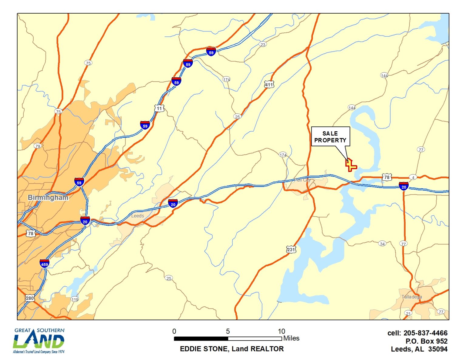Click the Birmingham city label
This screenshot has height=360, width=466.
point(48,197)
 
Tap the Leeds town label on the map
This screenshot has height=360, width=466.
point(137,216)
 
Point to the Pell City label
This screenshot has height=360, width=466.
point(302,180)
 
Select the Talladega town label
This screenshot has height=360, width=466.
point(412,297)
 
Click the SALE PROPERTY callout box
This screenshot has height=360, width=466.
point(330,137)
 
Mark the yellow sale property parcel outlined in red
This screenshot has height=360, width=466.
point(351,165)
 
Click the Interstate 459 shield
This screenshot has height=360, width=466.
point(44,264)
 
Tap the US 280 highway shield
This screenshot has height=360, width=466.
point(29,298)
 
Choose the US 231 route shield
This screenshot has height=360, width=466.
point(291,250)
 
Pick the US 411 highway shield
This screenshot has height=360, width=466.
point(269,85)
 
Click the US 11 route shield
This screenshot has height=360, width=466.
point(159,108)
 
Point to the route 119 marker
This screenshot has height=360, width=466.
point(75,299)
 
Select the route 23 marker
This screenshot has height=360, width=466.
point(263,44)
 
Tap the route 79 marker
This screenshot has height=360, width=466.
point(37,146)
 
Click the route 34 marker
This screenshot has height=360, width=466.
point(382,244)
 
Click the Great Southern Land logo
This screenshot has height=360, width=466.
point(39,341)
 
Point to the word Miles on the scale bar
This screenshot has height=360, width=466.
point(291,338)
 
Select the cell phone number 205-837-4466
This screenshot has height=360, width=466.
point(425,333)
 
